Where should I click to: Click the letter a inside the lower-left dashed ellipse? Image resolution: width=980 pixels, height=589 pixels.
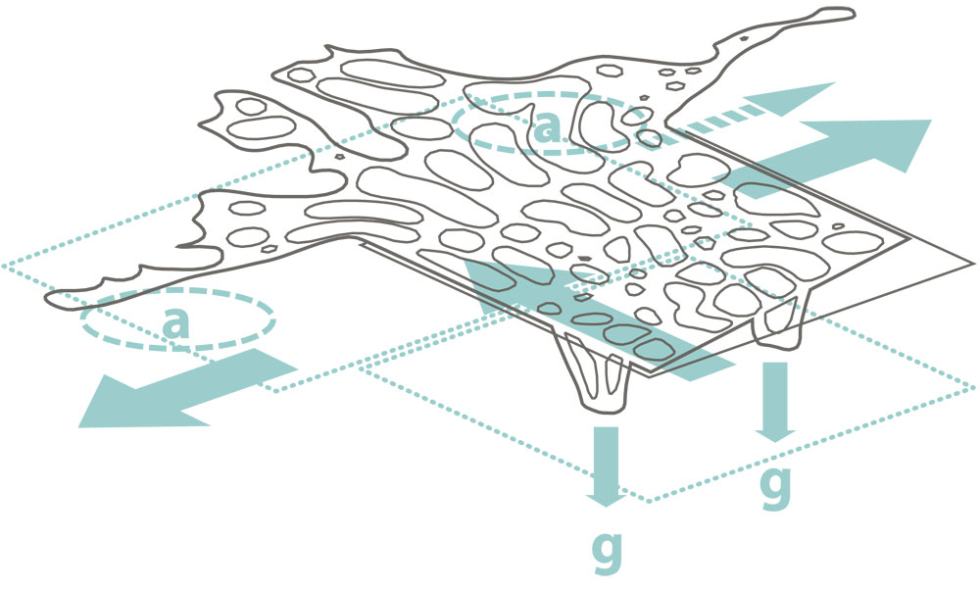click(x=176, y=322)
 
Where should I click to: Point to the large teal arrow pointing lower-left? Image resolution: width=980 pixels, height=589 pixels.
click(x=186, y=389)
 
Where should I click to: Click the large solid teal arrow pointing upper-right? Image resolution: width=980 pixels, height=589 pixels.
click(x=831, y=158)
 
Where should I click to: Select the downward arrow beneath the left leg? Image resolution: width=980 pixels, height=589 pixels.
click(x=607, y=466)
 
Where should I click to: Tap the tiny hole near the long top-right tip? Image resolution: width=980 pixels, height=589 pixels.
click(x=744, y=39)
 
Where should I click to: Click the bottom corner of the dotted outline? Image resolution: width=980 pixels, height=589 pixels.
click(x=649, y=502)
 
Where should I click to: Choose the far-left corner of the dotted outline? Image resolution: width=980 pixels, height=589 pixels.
click(x=3, y=267)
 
